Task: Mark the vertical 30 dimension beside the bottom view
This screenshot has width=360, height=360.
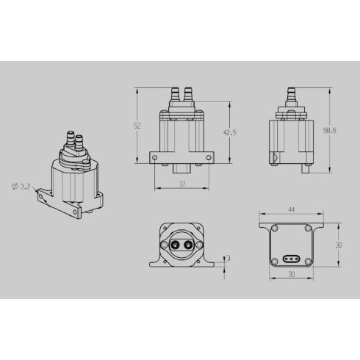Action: coord(339,245)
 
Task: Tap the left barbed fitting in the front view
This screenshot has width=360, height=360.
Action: coord(176,93)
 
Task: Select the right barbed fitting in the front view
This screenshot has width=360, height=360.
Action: coord(189,93)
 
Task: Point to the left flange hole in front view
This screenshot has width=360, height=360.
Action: coord(154,157)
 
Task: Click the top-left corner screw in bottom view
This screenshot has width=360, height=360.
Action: coord(274,228)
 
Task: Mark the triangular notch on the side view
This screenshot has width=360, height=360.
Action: coord(274,156)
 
